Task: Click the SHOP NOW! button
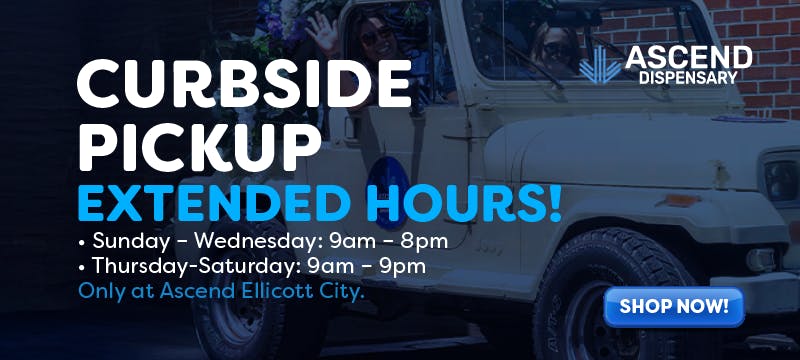673,307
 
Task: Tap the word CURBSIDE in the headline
244,84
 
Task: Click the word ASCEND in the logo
688,58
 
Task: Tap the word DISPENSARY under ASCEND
688,78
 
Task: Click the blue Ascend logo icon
600,65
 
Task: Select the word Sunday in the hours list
130,242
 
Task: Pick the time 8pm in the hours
424,242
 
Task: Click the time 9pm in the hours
402,267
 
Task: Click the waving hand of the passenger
322,31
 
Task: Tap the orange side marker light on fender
678,200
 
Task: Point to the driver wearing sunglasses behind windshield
555,51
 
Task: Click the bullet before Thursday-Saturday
82,268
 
